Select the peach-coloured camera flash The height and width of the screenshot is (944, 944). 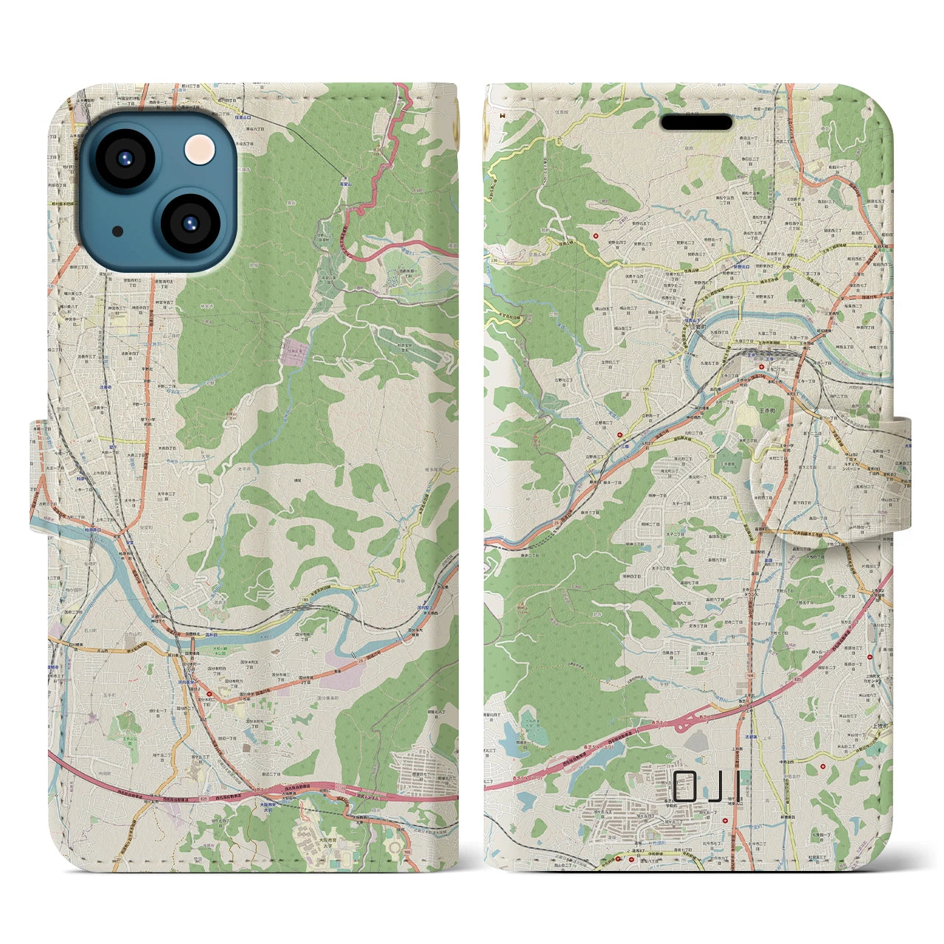(198, 153)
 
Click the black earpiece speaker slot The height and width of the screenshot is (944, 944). (696, 122)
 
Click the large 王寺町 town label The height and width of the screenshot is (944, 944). (760, 393)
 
